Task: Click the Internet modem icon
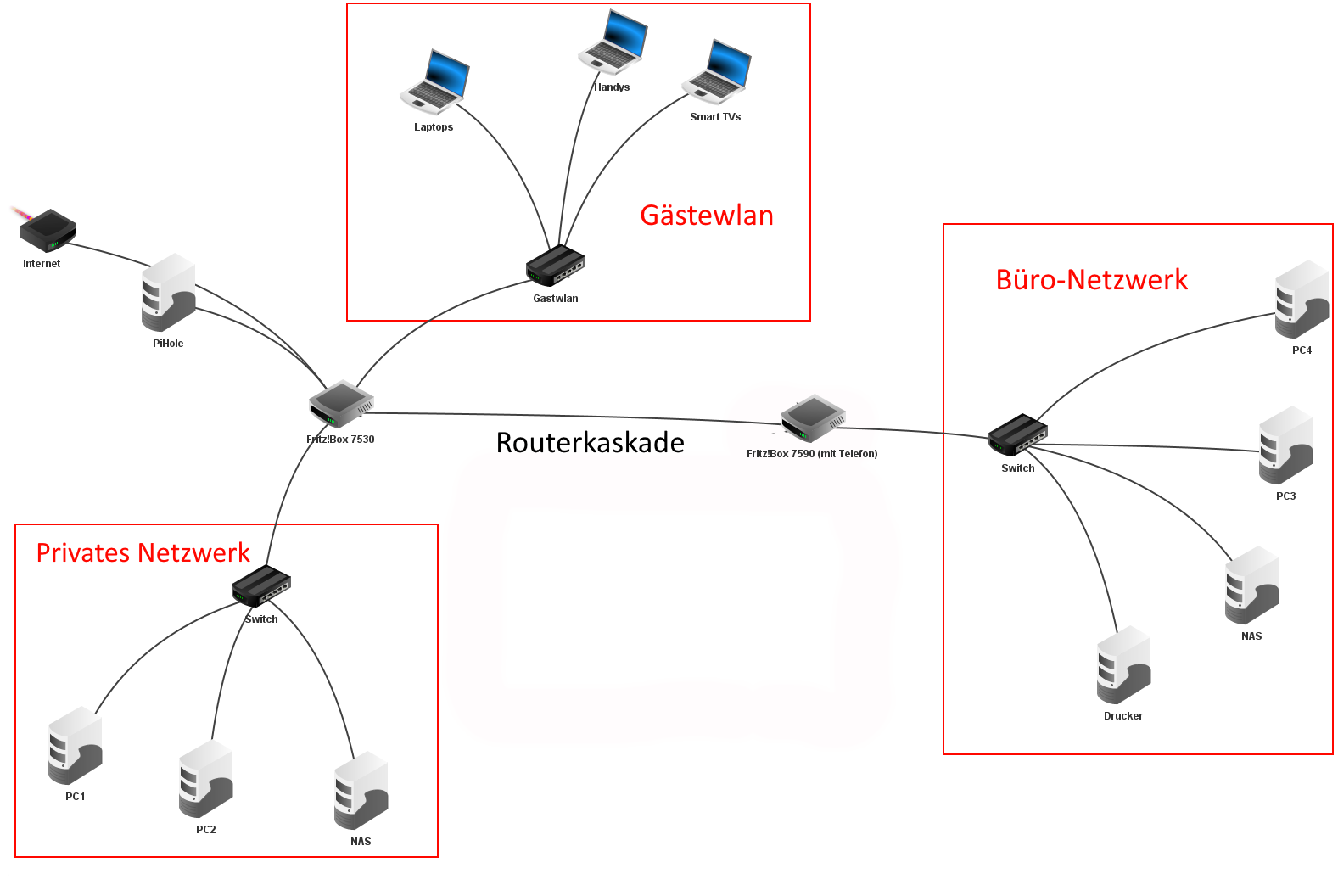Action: (x=48, y=230)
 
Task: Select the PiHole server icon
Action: (x=168, y=293)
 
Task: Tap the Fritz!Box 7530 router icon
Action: (x=341, y=403)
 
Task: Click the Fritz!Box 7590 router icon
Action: (x=813, y=418)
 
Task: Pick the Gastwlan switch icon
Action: (x=556, y=266)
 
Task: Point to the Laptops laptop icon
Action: (x=435, y=82)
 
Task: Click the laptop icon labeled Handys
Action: (x=613, y=42)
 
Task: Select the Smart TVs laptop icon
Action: (x=717, y=72)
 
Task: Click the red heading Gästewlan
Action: (x=706, y=216)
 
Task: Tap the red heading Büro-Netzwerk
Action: (x=1091, y=280)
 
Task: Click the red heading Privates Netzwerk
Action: (x=143, y=553)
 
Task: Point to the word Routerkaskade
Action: (x=590, y=443)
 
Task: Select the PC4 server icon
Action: (x=1302, y=300)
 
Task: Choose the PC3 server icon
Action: (x=1285, y=445)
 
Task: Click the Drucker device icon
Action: (x=1123, y=665)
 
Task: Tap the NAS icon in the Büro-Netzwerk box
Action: (x=1251, y=585)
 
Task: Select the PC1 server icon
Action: (x=76, y=746)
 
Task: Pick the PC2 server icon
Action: (x=205, y=779)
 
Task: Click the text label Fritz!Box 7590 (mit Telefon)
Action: (x=812, y=454)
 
